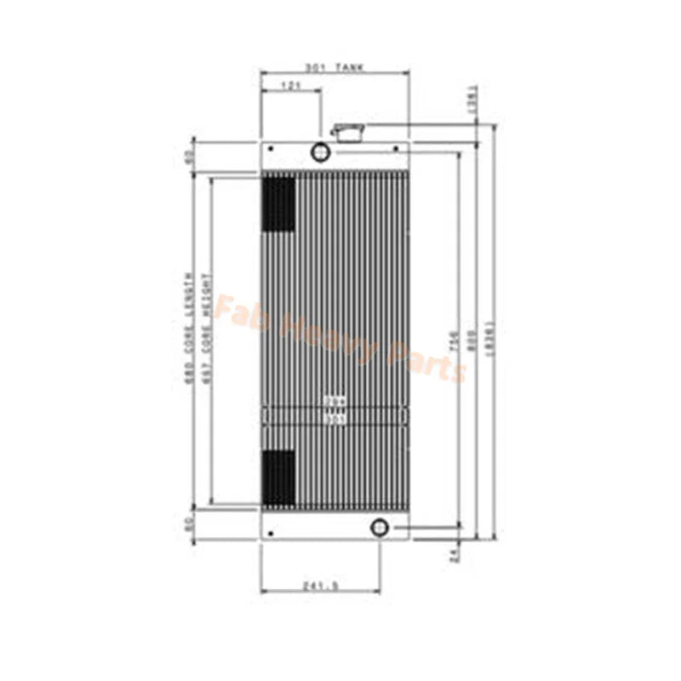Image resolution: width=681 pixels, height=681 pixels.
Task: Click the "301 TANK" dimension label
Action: pos(335,66)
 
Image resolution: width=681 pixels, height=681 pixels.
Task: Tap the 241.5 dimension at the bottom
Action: pos(321,585)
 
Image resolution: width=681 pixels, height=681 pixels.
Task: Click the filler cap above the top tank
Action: pos(348,132)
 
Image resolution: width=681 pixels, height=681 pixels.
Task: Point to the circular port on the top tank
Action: pos(320,152)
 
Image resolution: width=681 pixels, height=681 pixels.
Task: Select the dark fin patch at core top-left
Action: pos(278,203)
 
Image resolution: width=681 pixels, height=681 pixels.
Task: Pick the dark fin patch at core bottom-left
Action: pos(278,477)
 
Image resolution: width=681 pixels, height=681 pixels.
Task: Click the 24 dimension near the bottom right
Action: pos(455,555)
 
